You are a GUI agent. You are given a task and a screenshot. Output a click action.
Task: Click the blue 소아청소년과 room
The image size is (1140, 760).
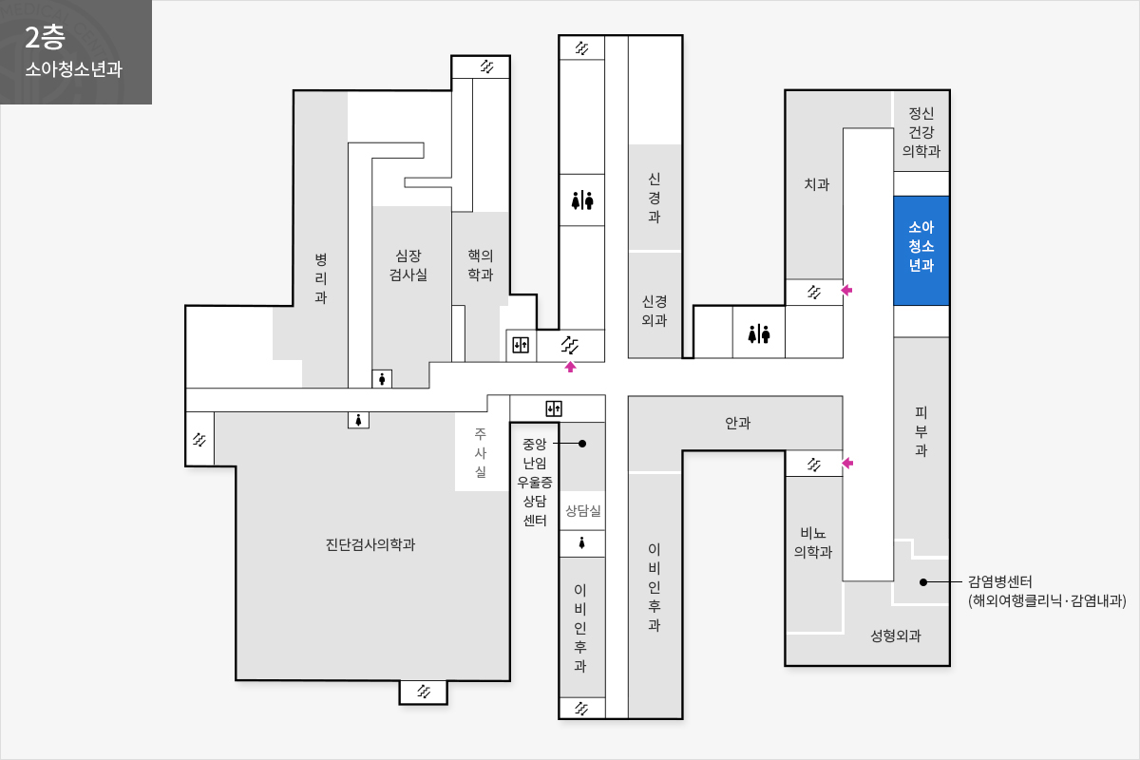point(921,251)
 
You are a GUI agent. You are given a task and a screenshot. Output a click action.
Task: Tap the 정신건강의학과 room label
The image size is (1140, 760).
point(921,132)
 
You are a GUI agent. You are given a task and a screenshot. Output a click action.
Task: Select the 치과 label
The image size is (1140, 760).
point(816,183)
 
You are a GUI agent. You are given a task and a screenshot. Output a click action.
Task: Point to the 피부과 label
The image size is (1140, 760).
point(921,431)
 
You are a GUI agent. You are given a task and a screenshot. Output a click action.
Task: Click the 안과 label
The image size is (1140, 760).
point(737,423)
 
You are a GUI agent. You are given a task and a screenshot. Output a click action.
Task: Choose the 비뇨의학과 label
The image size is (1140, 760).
point(813,542)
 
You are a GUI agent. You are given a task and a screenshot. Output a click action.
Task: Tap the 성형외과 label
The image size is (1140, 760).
point(896,636)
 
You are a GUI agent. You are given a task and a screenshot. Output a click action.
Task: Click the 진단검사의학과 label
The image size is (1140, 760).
point(370,544)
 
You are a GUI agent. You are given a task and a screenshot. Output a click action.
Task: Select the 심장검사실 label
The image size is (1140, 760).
point(408,265)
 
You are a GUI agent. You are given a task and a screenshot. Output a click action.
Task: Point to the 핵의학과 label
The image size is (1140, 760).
point(481,265)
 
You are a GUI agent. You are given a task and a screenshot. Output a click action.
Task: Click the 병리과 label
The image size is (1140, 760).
point(321,278)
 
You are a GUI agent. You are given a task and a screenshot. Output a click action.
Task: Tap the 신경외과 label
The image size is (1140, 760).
point(654,311)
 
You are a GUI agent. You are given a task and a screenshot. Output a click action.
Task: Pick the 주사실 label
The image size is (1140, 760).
point(481,452)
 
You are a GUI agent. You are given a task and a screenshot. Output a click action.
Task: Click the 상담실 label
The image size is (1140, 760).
point(583,510)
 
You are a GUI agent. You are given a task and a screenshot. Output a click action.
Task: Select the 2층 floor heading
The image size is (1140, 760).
point(45,38)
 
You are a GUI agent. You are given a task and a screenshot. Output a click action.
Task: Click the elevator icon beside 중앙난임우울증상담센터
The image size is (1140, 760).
point(554,408)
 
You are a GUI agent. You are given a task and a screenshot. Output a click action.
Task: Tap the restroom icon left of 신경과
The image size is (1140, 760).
point(582,200)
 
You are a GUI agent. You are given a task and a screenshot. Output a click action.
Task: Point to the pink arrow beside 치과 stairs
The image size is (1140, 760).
point(846,290)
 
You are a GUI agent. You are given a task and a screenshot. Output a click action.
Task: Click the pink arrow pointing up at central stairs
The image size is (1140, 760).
point(570,367)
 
